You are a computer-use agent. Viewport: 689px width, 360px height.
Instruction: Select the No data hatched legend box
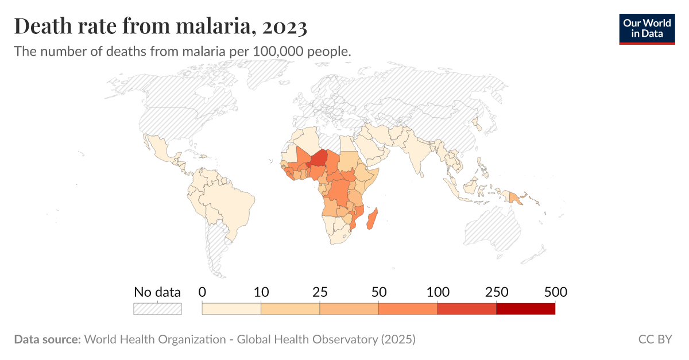pyautogui.click(x=157, y=309)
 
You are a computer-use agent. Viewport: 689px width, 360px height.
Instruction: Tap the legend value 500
pyautogui.click(x=555, y=292)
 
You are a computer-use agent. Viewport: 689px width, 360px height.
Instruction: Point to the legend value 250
pyautogui.click(x=496, y=292)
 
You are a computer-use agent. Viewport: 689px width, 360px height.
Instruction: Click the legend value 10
pyautogui.click(x=261, y=292)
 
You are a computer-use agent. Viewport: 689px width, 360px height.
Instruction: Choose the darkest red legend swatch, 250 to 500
pyautogui.click(x=525, y=309)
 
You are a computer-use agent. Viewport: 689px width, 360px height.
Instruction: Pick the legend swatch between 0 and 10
pyautogui.click(x=231, y=309)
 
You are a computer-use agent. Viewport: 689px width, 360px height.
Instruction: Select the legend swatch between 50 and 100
pyautogui.click(x=408, y=309)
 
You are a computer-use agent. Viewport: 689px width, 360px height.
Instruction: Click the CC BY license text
pyautogui.click(x=655, y=339)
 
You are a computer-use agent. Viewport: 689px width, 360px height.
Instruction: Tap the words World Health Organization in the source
pyautogui.click(x=155, y=339)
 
